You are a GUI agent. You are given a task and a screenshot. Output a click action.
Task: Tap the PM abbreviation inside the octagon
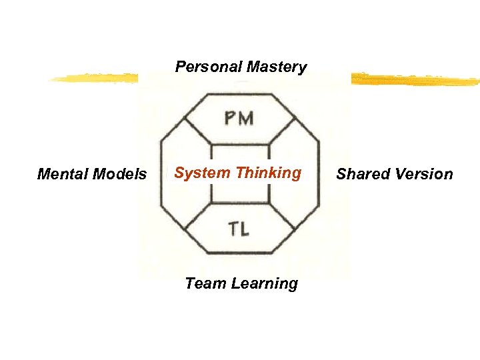[x=239, y=119]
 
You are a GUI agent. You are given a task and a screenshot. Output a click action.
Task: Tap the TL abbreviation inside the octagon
[x=239, y=230]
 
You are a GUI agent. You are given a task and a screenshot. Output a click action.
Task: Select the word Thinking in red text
[x=268, y=173]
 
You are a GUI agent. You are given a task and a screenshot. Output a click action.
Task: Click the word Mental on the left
[x=61, y=175]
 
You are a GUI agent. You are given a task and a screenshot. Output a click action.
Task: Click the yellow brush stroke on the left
[x=93, y=79]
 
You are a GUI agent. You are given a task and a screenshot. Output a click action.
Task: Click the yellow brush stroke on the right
[x=413, y=80]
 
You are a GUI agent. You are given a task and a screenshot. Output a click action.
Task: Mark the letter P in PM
[x=230, y=119]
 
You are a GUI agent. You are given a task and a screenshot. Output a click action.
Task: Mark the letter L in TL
[x=245, y=230]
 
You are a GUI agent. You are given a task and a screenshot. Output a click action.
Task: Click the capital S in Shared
[x=341, y=175]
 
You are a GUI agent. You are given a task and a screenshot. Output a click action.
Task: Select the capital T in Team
[x=190, y=283]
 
